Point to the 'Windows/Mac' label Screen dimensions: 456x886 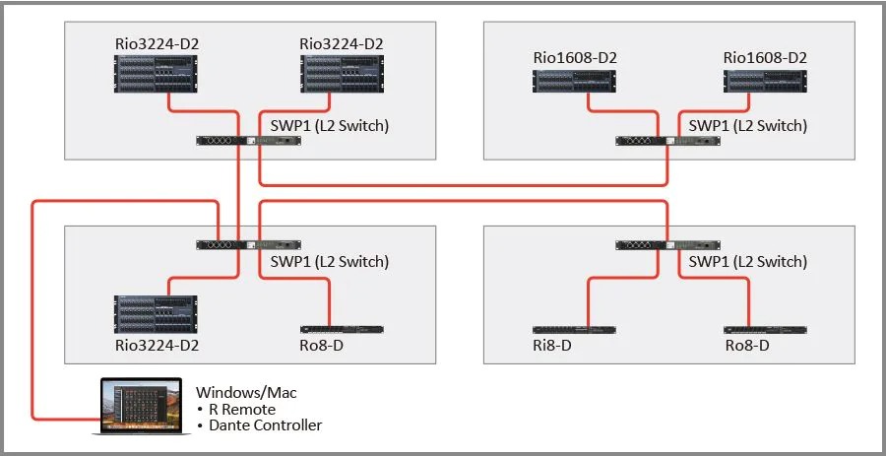tap(246, 393)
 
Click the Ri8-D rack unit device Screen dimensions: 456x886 tap(571, 330)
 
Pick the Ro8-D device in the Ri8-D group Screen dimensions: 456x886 tap(764, 330)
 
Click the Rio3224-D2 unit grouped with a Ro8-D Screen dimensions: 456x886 tap(157, 314)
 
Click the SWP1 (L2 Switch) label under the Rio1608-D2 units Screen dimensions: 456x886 tap(747, 126)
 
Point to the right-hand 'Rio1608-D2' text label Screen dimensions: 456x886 tap(765, 57)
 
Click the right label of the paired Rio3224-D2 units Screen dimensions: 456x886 tap(342, 43)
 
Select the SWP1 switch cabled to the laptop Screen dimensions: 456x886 tap(248, 245)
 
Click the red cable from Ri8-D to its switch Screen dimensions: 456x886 tap(589, 295)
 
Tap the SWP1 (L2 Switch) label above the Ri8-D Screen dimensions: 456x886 tap(747, 262)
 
